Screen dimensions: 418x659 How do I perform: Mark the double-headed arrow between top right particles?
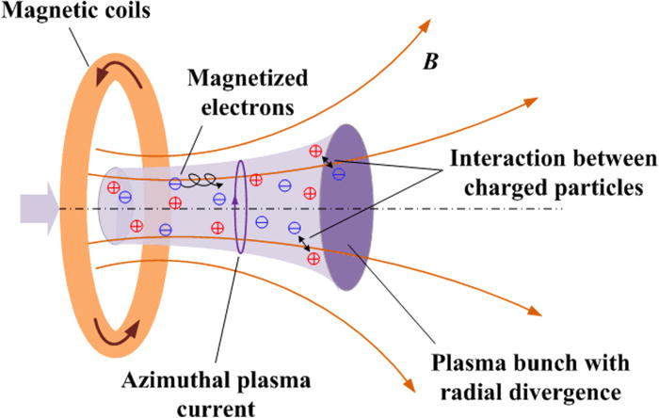(x=329, y=164)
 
